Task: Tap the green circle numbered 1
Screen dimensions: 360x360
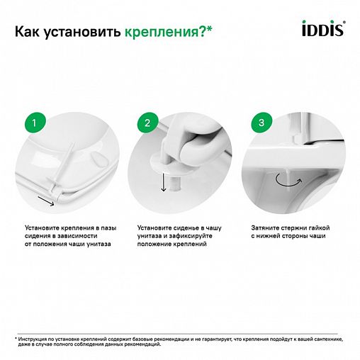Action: pos(35,124)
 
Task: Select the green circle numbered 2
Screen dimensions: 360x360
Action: pos(147,124)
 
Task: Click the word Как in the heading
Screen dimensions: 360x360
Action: pos(31,31)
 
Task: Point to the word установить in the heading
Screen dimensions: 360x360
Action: pos(84,32)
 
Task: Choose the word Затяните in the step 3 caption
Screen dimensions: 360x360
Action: pos(263,227)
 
